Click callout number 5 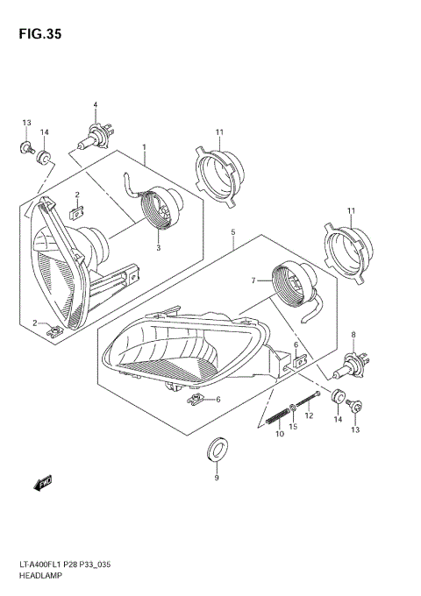(x=232, y=232)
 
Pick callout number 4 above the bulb (x=95, y=105)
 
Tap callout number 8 (x=353, y=334)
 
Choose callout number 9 (x=216, y=478)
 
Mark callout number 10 (x=280, y=434)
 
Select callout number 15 (x=295, y=427)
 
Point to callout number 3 (x=159, y=248)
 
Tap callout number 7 (x=253, y=280)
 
